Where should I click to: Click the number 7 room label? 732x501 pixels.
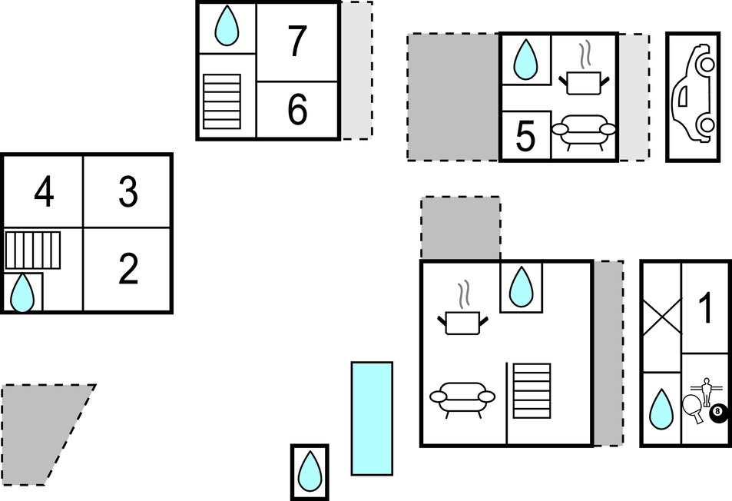[x=297, y=42]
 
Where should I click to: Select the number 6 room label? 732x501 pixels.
[x=297, y=111]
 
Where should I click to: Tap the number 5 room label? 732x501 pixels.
[x=525, y=137]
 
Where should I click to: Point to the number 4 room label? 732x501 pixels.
[x=45, y=192]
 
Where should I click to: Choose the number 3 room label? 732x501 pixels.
[x=128, y=192]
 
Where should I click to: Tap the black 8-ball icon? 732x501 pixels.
[x=718, y=413]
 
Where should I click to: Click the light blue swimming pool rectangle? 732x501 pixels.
[x=372, y=419]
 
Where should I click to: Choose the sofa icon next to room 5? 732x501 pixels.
[x=585, y=131]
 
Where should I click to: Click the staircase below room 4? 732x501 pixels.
[x=33, y=250]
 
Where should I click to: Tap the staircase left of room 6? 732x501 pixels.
[x=222, y=101]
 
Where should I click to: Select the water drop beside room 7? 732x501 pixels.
[x=227, y=27]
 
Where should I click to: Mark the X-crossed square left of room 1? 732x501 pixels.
[x=661, y=317]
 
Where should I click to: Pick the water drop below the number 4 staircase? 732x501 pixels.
[x=22, y=294]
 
